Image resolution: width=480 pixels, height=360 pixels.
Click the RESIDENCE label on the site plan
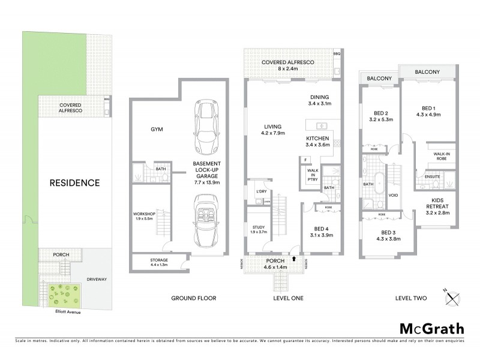coord(75,182)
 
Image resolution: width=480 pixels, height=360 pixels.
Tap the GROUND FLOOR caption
coord(193,298)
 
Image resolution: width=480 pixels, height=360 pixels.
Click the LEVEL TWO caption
coord(411,298)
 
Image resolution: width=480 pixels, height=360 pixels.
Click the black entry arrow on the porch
coord(295,259)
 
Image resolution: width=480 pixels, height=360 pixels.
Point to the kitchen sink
coord(322,125)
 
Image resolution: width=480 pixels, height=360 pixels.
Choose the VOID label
coord(394,195)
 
